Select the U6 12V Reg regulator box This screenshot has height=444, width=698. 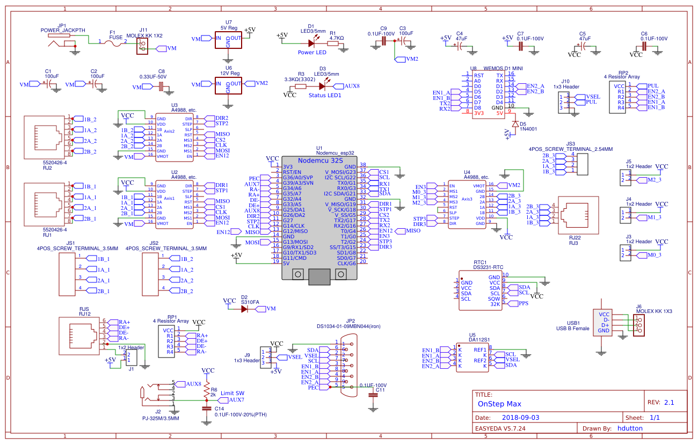(228, 85)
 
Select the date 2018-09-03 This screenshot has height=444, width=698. (521, 417)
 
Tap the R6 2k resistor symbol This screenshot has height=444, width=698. (207, 393)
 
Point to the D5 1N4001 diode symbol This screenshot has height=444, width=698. (515, 124)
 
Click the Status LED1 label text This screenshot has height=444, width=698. (325, 95)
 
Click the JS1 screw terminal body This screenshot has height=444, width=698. (66, 274)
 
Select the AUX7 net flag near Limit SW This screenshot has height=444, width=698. (236, 400)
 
